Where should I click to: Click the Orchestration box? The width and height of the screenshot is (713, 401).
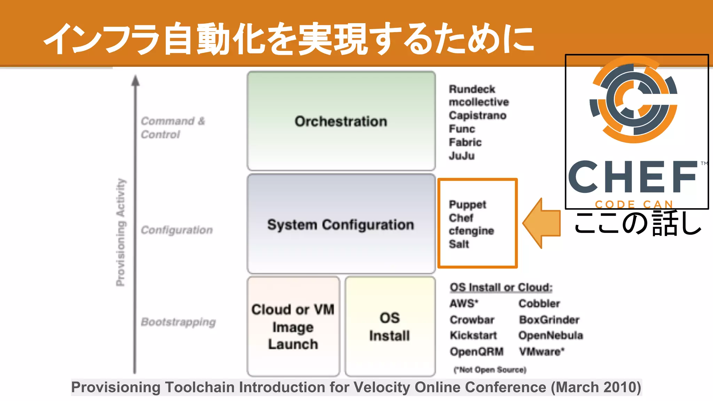point(341,121)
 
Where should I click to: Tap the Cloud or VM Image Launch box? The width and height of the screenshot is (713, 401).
point(293,327)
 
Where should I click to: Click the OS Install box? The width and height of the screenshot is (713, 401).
point(390,327)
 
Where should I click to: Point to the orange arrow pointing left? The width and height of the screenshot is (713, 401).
point(541,223)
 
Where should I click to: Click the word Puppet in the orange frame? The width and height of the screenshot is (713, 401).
point(467,204)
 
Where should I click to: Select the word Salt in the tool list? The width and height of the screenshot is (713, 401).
point(459,244)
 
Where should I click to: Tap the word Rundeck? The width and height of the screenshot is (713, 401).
point(472,89)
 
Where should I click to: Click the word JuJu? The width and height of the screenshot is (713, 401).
point(462,156)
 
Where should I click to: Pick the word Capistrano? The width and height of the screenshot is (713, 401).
point(477,115)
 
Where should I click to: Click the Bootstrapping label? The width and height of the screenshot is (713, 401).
point(178,322)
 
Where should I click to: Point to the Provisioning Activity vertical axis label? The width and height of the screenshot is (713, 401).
point(120,232)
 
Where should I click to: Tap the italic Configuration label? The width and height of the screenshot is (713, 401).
point(177,230)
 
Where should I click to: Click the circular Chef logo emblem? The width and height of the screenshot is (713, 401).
point(633,100)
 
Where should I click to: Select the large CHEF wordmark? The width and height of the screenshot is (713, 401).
point(633,177)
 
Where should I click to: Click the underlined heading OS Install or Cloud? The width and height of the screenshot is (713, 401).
point(501,288)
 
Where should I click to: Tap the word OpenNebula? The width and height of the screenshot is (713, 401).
point(550,336)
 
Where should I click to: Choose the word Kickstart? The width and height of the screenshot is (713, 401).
point(473,336)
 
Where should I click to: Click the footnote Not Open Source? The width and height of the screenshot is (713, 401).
point(490,370)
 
